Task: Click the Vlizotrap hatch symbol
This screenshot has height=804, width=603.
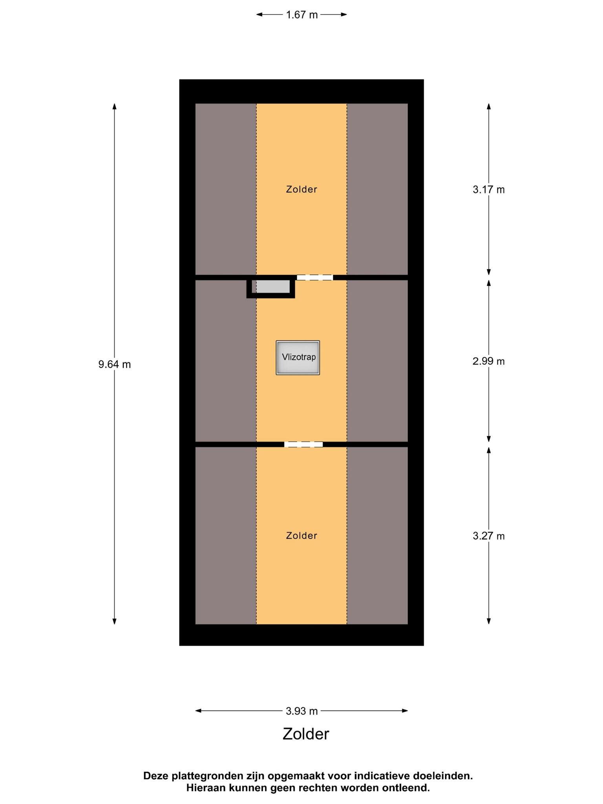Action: click(298, 358)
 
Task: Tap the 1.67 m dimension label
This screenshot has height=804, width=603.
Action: click(301, 15)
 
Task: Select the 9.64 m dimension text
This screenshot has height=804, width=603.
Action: click(115, 364)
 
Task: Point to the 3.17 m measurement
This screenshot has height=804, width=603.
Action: click(489, 190)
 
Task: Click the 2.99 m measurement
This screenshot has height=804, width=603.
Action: click(489, 361)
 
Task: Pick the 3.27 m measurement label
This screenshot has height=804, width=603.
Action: click(489, 536)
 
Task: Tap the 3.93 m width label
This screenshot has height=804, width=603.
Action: click(301, 711)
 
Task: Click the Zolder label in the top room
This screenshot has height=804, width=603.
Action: click(301, 189)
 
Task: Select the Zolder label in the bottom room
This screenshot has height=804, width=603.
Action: click(301, 535)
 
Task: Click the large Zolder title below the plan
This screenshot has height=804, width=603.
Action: click(306, 734)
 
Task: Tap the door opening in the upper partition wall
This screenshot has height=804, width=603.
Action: click(315, 277)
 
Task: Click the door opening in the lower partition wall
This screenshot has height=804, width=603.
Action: click(303, 444)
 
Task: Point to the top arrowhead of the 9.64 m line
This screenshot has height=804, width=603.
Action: click(115, 106)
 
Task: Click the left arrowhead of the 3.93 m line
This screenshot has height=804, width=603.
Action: click(199, 711)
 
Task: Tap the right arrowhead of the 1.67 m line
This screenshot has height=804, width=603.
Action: click(344, 15)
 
